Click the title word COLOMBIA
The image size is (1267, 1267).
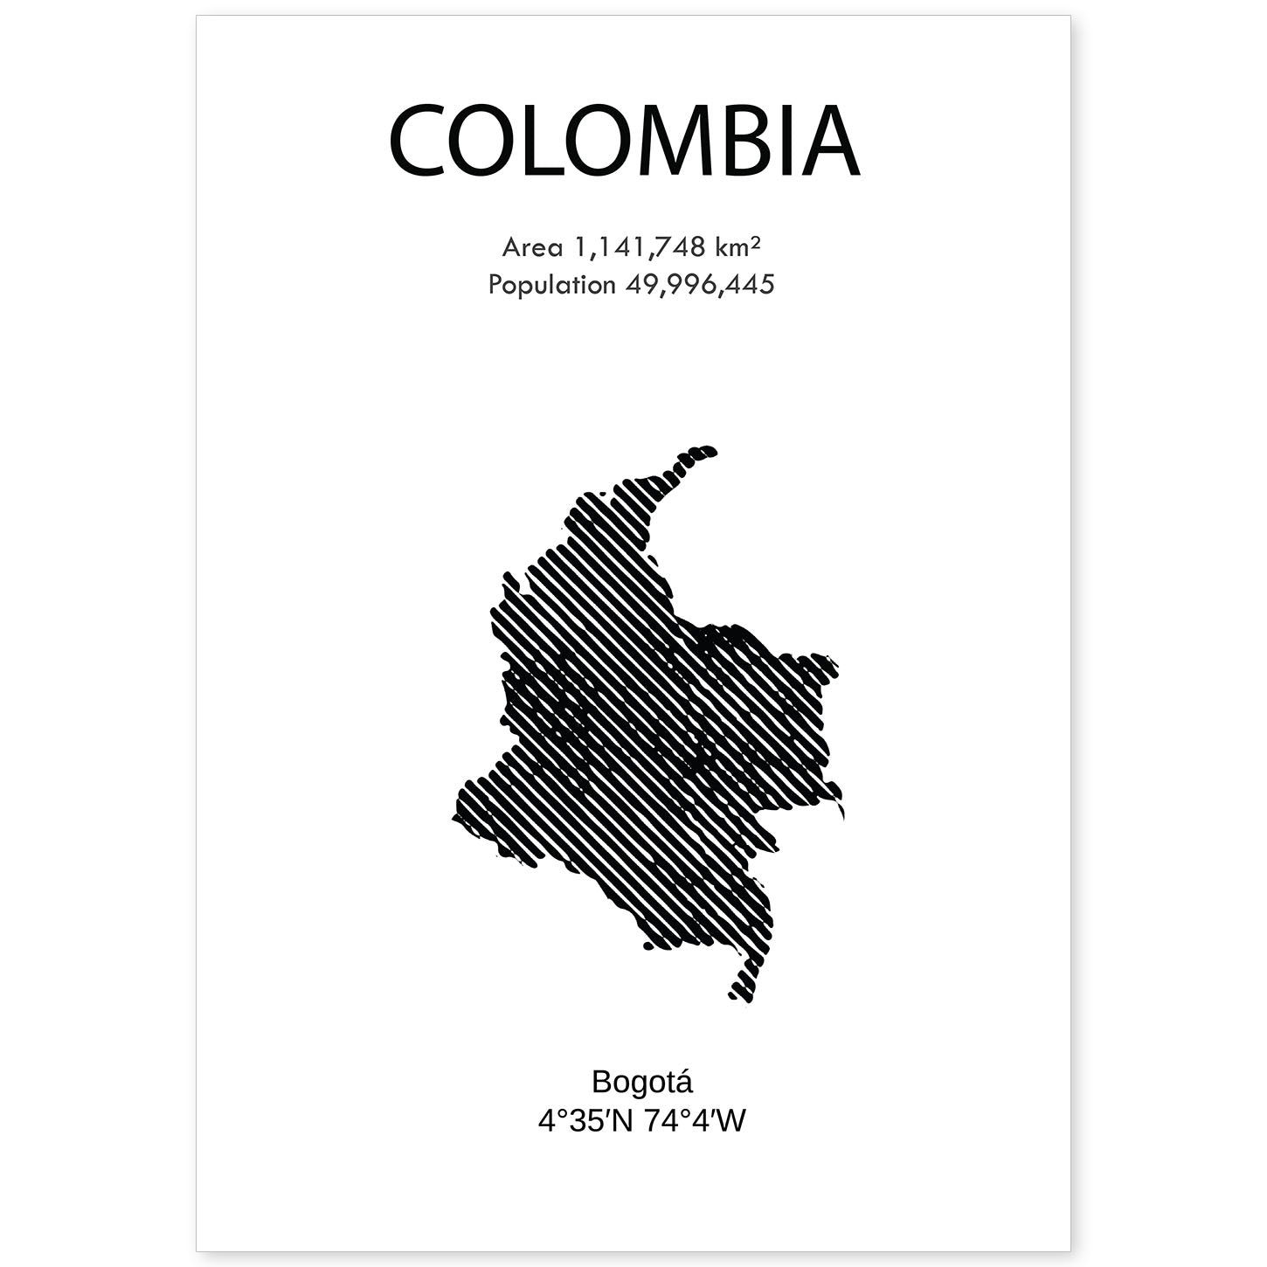pyautogui.click(x=624, y=142)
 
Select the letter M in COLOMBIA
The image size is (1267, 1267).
pyautogui.click(x=672, y=142)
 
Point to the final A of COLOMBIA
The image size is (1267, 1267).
pyautogui.click(x=831, y=142)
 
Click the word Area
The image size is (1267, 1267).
pyautogui.click(x=532, y=248)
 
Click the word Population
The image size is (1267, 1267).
pyautogui.click(x=551, y=285)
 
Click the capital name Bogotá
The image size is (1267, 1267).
pyautogui.click(x=641, y=1082)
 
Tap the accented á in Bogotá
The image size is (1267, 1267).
pyautogui.click(x=683, y=1082)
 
